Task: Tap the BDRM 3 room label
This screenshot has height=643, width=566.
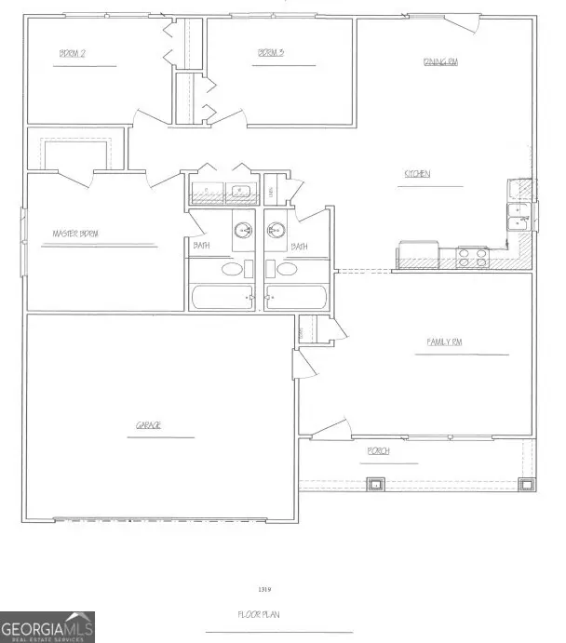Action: (271, 53)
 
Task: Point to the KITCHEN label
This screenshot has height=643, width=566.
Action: (416, 174)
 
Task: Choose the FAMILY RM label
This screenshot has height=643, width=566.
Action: (445, 342)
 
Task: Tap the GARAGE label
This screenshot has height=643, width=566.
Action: (149, 425)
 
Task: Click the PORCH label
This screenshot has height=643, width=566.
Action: (379, 451)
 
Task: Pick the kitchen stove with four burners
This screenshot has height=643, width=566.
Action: (472, 256)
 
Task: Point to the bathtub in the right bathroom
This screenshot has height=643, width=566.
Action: (295, 299)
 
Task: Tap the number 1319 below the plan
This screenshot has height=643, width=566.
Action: (265, 589)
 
